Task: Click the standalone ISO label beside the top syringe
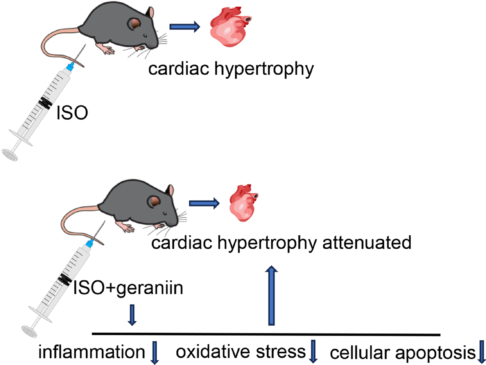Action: pyautogui.click(x=72, y=113)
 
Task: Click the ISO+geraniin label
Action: pyautogui.click(x=128, y=288)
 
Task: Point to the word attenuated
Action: pyautogui.click(x=366, y=243)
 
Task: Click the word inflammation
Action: pyautogui.click(x=92, y=352)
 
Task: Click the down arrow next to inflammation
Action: pyautogui.click(x=155, y=352)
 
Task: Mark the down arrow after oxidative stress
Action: pyautogui.click(x=313, y=351)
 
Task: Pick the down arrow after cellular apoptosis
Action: pyautogui.click(x=482, y=352)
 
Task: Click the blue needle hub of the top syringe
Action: pyautogui.click(x=70, y=67)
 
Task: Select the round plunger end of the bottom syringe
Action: pyautogui.click(x=29, y=331)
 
